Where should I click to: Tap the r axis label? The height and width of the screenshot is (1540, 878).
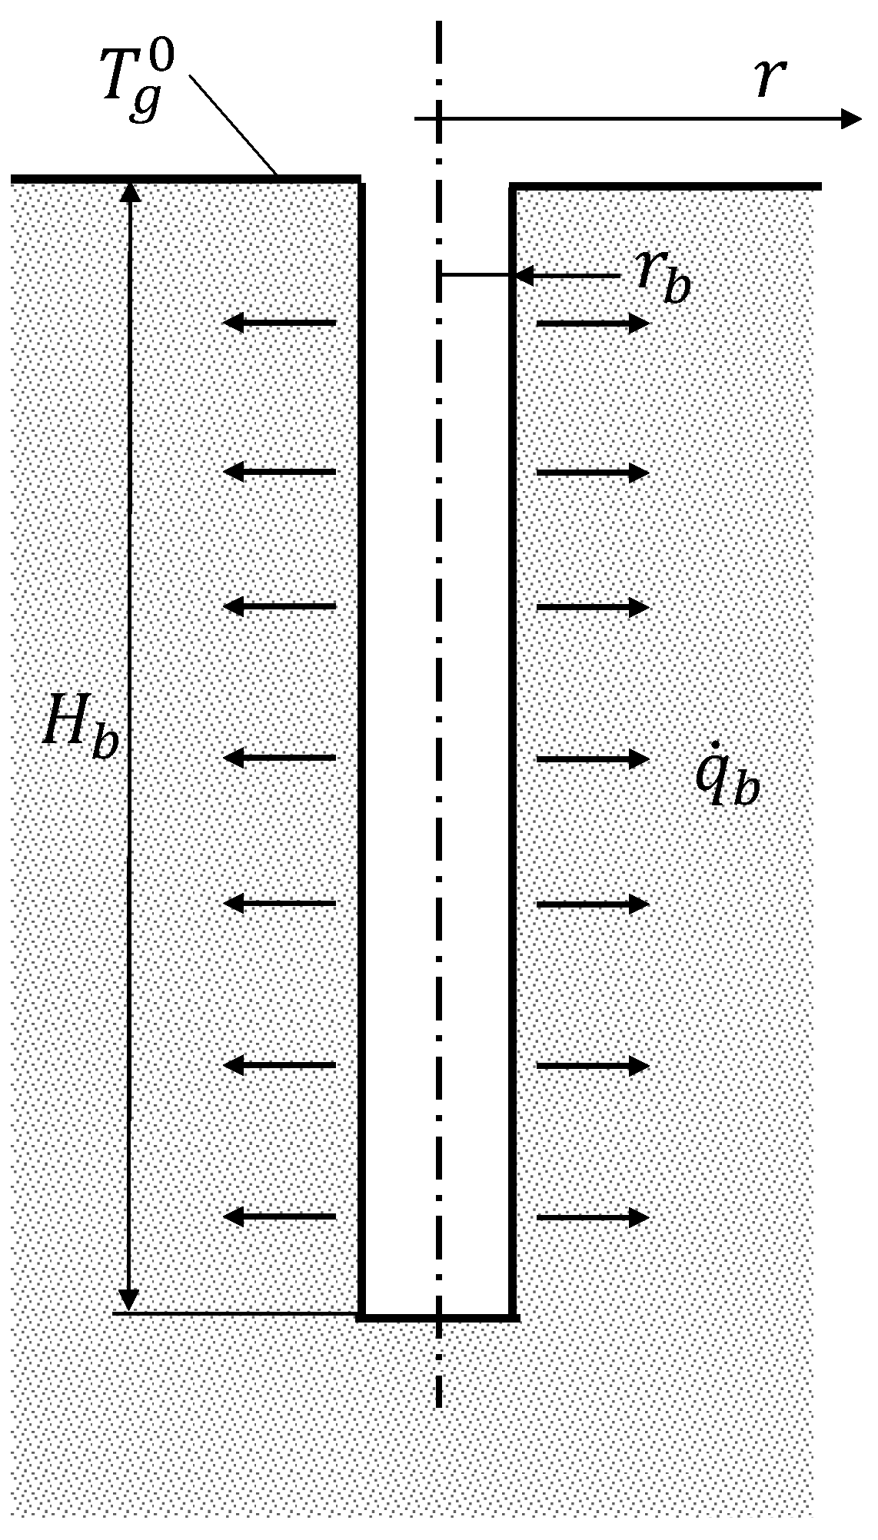pos(768,81)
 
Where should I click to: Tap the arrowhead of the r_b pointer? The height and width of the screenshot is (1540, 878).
pos(524,275)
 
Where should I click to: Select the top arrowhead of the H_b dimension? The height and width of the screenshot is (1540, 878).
pos(130,191)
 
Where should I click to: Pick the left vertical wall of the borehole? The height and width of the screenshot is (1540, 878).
pos(361,692)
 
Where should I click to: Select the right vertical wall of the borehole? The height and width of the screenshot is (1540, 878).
pos(511,692)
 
